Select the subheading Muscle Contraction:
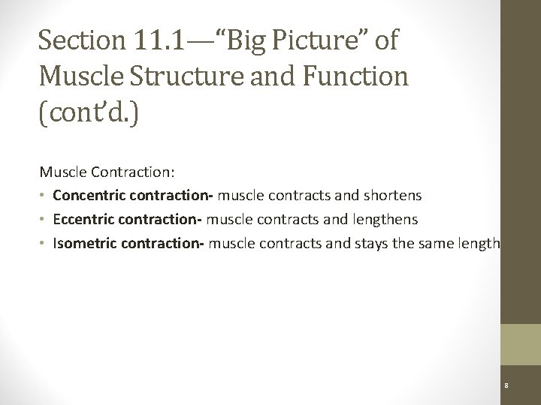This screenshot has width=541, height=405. (107, 172)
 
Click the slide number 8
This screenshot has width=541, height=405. (507, 386)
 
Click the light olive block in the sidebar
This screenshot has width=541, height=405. (521, 345)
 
